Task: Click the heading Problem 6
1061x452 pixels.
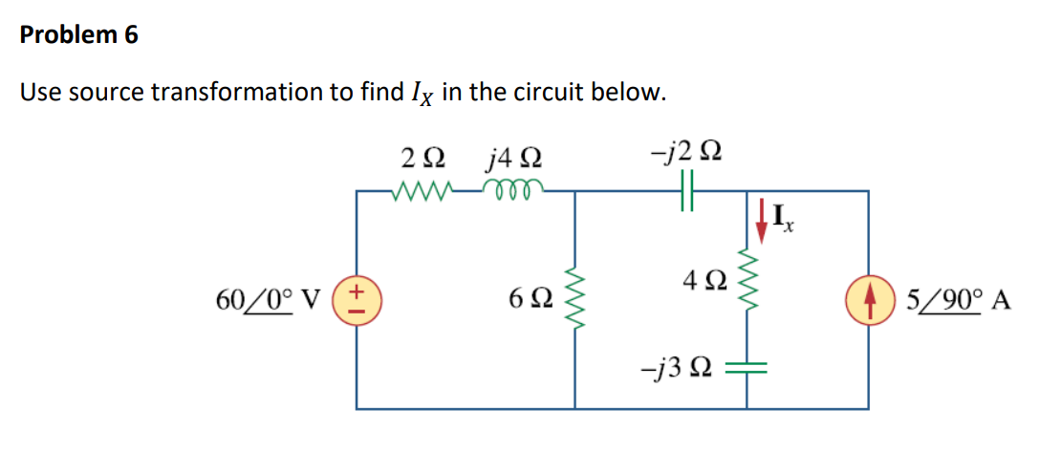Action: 79,36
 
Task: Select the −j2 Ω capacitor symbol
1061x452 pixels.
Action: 685,192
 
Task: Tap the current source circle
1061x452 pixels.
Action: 869,301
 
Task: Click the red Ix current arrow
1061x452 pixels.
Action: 762,218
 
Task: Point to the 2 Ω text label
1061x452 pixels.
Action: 422,157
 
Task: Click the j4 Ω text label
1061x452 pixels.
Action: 515,157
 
